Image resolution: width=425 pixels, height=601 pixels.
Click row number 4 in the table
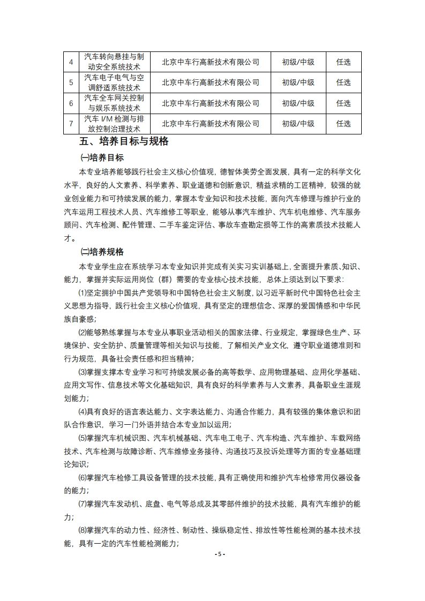pyautogui.click(x=71, y=62)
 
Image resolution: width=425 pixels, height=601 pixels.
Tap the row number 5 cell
pyautogui.click(x=71, y=82)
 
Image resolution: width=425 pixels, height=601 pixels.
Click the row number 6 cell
pyautogui.click(x=71, y=103)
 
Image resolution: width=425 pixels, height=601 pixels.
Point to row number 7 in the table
pyautogui.click(x=71, y=124)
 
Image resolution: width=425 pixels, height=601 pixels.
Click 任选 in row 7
pyautogui.click(x=343, y=124)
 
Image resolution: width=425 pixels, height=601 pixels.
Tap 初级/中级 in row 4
pyautogui.click(x=298, y=62)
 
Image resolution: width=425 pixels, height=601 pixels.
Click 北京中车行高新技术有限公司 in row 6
pyautogui.click(x=210, y=103)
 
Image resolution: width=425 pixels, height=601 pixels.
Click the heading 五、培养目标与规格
pyautogui.click(x=124, y=142)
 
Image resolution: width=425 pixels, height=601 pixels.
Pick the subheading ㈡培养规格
pyautogui.click(x=102, y=252)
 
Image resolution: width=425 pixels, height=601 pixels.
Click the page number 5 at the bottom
pyautogui.click(x=219, y=554)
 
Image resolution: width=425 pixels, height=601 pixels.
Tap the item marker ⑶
pyautogui.click(x=83, y=372)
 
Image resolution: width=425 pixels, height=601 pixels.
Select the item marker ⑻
pyautogui.click(x=83, y=531)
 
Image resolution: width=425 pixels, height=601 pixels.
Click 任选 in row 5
pyautogui.click(x=343, y=82)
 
